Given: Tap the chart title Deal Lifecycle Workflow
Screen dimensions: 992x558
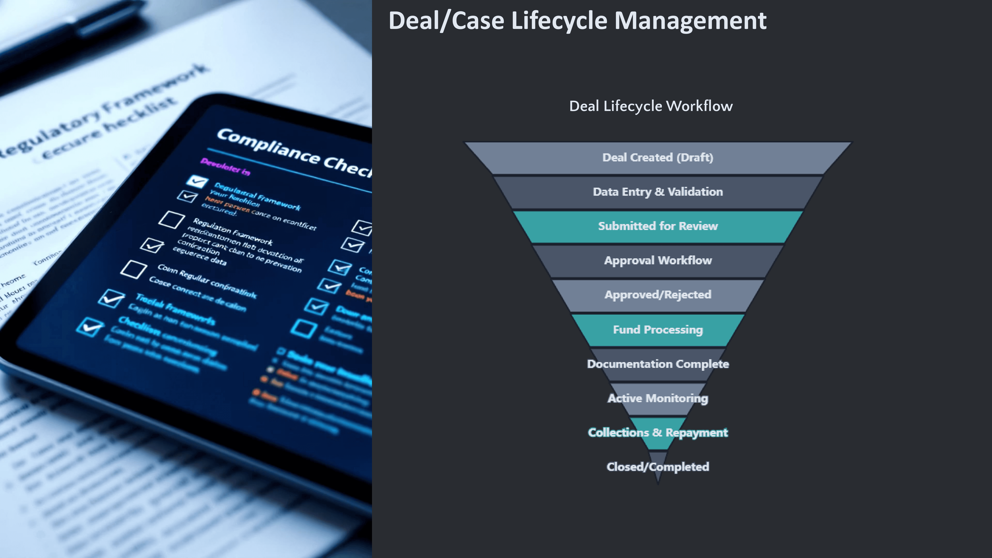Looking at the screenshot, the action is point(651,106).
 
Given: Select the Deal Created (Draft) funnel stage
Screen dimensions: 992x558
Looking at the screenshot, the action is point(658,157).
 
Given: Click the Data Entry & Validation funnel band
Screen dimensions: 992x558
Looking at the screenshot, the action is point(658,192).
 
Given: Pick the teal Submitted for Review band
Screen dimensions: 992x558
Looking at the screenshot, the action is point(658,226).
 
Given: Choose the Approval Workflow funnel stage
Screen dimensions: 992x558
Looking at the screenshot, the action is point(658,260).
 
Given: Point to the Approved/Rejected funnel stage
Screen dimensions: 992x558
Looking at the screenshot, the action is point(658,294).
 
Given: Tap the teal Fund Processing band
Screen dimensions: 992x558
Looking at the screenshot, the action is point(658,330).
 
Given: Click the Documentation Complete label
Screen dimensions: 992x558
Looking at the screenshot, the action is point(658,364).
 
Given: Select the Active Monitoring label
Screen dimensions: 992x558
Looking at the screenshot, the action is point(658,398).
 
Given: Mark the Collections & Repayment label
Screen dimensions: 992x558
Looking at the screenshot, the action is point(658,433).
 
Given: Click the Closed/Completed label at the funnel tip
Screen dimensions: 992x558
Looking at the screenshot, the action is point(658,467).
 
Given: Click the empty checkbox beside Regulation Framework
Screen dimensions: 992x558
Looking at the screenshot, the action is point(171,219).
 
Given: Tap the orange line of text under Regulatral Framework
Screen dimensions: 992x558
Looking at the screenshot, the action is point(227,204).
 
